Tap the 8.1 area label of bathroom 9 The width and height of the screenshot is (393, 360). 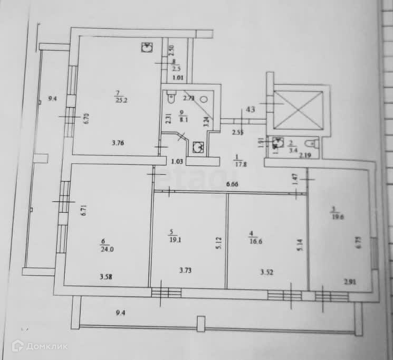coord(183,119)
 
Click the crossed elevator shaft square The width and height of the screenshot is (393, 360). coord(298,109)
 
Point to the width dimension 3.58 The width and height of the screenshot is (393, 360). coord(107,276)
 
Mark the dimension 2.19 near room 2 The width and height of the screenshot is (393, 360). coord(305,155)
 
